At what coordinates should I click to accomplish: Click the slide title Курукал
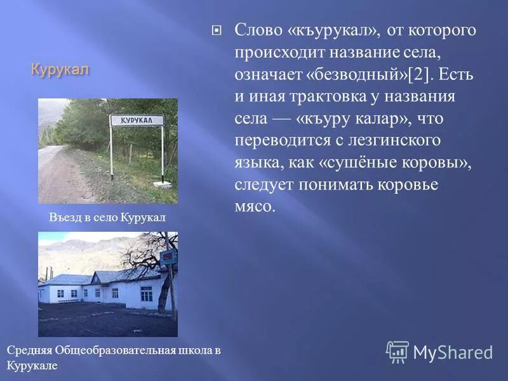[x=60, y=69]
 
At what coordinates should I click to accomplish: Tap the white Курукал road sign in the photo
[x=137, y=120]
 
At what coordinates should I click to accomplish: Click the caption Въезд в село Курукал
[x=107, y=217]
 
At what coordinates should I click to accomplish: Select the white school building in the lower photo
[x=102, y=289]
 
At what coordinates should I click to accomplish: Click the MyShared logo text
[x=453, y=353]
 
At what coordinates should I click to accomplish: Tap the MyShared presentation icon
[x=398, y=352]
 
